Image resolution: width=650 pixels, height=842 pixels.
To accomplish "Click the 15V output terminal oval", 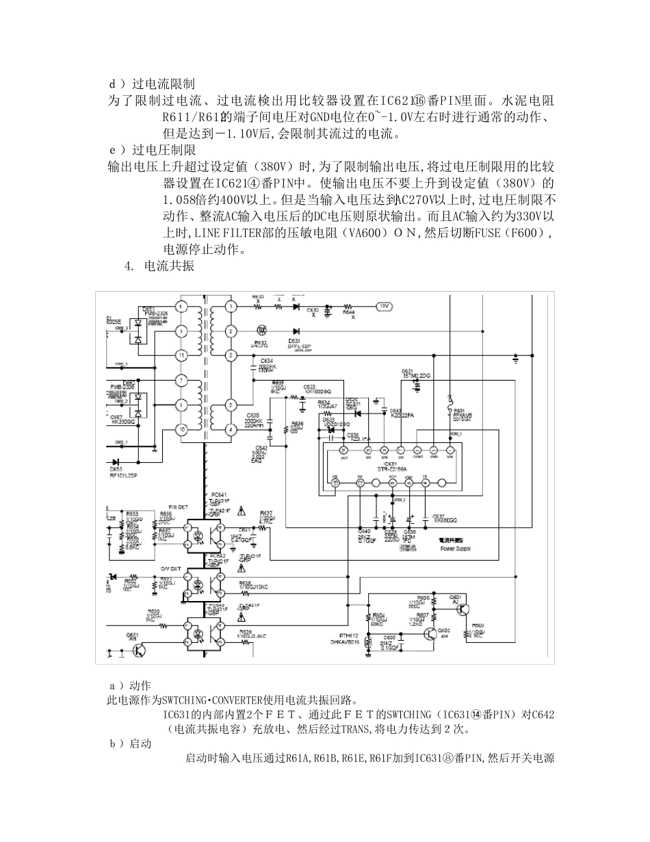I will [384, 306].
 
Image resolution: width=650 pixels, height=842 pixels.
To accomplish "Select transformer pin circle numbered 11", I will [181, 355].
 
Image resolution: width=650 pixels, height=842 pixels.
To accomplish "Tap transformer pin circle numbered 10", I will [181, 429].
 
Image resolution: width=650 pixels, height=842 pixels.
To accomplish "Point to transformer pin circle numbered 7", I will [181, 380].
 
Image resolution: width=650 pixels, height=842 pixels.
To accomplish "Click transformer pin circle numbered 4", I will [232, 429].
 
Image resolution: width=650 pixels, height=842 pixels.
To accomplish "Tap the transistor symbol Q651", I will [139, 650].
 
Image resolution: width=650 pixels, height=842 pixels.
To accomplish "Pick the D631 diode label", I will [295, 340].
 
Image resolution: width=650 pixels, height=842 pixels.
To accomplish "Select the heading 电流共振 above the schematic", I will [169, 266].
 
